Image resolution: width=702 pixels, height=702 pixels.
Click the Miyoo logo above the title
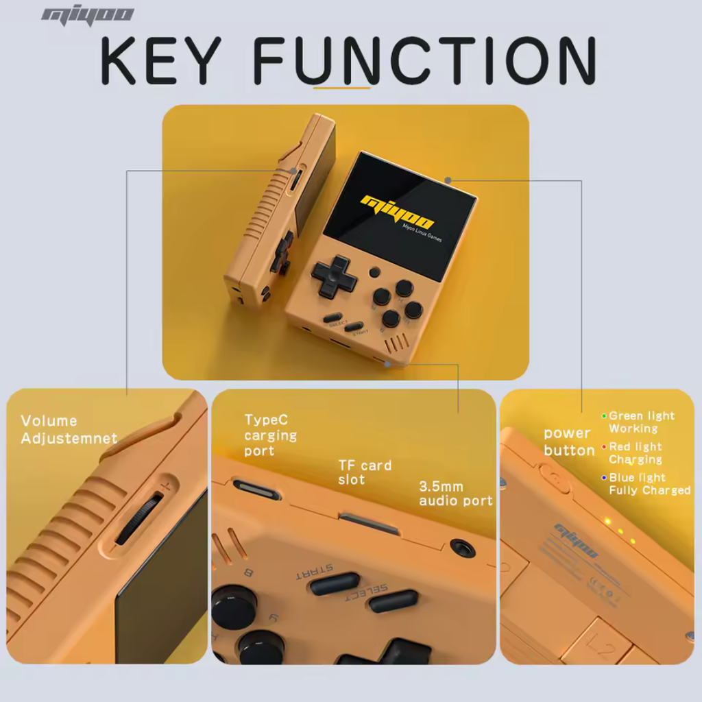[87, 16]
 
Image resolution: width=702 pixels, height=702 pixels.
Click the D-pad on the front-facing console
[335, 276]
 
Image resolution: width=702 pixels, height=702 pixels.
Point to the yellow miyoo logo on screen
[398, 210]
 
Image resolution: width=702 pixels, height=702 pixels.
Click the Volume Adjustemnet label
[69, 430]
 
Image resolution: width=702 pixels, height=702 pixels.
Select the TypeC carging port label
[270, 435]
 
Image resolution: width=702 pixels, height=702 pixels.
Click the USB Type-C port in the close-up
[256, 489]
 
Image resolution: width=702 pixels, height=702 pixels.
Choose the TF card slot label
[365, 472]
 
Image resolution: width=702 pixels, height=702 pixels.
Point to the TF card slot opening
[370, 524]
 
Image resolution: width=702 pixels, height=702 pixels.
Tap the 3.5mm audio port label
[455, 494]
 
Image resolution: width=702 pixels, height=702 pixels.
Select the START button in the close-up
[334, 583]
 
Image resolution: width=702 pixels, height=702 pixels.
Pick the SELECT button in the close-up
[393, 601]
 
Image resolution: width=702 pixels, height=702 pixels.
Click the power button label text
[568, 442]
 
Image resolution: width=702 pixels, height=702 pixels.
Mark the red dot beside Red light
[604, 447]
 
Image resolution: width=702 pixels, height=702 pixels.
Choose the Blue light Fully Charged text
[649, 484]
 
